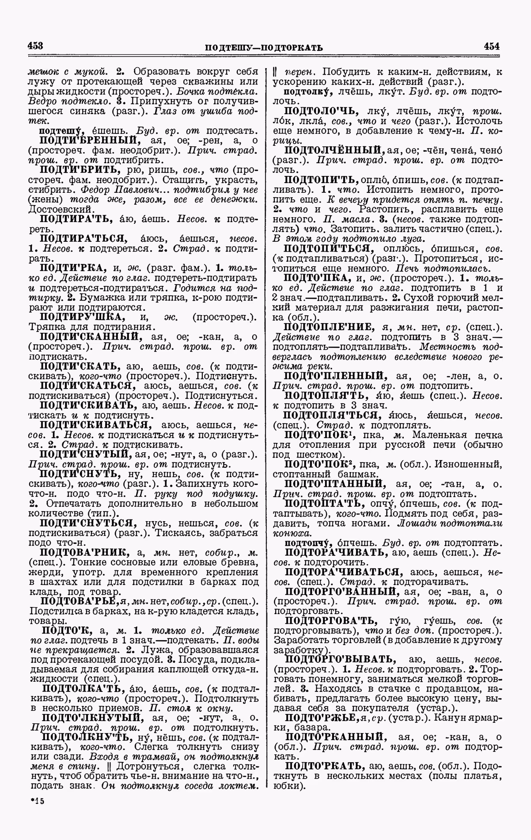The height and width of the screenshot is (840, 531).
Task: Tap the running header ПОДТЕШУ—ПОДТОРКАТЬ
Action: (264, 47)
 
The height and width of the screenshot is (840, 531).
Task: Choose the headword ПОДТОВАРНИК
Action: (84, 552)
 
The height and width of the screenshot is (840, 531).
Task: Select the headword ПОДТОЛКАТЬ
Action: (82, 689)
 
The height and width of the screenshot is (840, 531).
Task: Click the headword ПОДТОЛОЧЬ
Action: (321, 111)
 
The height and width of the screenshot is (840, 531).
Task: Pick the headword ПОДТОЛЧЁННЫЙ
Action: (335, 150)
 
